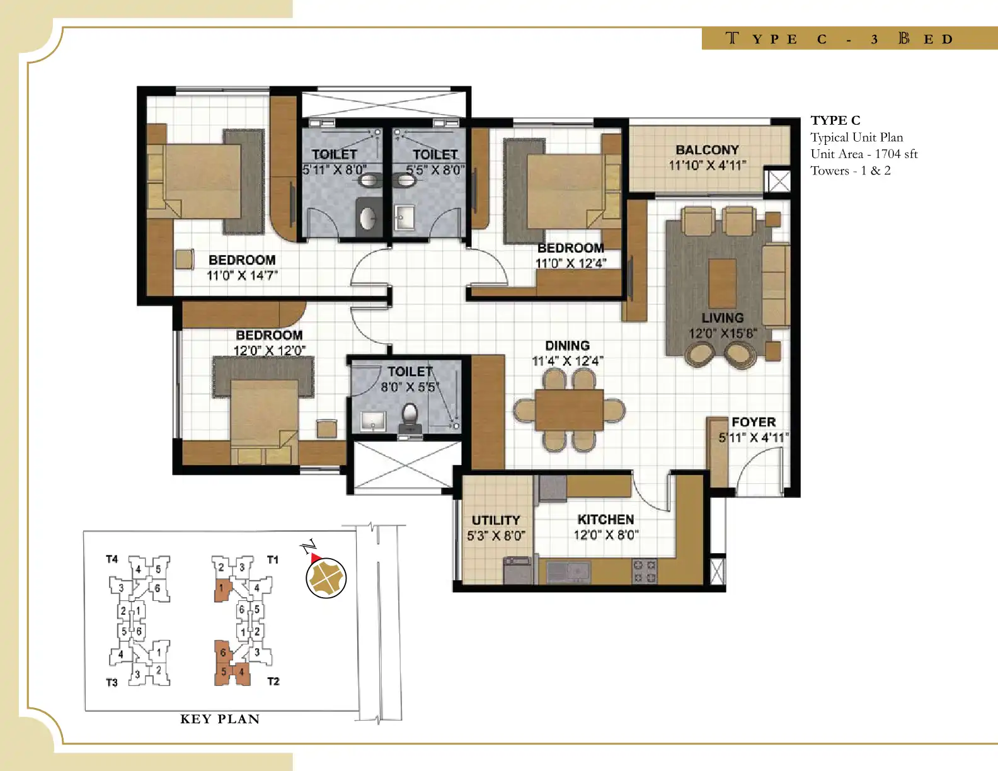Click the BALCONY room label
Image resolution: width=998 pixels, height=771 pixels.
click(x=708, y=150)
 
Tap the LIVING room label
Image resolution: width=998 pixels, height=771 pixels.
click(x=723, y=317)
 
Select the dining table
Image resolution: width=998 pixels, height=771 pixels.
click(x=569, y=409)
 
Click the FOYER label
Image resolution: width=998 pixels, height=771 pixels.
click(x=754, y=422)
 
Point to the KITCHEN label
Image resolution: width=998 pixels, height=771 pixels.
click(x=605, y=520)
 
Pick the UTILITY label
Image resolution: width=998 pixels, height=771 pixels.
click(x=496, y=520)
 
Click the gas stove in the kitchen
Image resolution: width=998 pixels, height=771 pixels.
click(x=645, y=571)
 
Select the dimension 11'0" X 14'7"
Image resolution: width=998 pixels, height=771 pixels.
click(x=242, y=275)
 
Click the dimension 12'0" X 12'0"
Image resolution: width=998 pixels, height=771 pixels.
click(x=270, y=351)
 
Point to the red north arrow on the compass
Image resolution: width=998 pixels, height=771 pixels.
click(x=316, y=558)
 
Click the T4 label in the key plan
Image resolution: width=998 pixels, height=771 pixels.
click(x=112, y=559)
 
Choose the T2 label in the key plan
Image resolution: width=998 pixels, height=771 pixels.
click(x=273, y=681)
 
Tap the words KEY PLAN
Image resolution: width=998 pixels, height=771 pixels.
click(x=220, y=719)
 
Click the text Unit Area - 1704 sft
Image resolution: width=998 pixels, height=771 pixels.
click(x=864, y=154)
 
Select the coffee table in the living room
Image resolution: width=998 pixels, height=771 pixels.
click(x=723, y=283)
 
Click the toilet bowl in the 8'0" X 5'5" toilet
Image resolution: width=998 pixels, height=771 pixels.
click(x=410, y=416)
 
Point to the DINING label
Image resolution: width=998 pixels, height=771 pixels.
click(x=567, y=346)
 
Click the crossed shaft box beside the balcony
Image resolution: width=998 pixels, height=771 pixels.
click(x=779, y=181)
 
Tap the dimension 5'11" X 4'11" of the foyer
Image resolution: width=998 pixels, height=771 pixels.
click(x=754, y=438)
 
